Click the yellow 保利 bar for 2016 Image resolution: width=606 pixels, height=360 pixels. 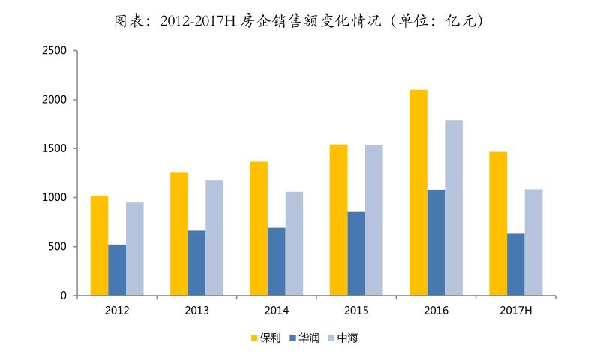click(418, 193)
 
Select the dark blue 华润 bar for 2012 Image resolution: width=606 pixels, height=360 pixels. click(117, 270)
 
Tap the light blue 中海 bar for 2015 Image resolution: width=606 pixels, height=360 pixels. click(374, 220)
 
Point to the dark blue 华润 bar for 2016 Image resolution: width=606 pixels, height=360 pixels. click(436, 242)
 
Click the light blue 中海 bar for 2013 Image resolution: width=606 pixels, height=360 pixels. click(214, 238)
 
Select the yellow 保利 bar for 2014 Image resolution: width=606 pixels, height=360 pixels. click(259, 229)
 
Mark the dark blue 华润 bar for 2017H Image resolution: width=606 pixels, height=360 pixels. click(515, 265)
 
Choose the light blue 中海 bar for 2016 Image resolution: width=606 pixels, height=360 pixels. click(454, 208)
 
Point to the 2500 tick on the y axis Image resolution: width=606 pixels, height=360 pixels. click(57, 51)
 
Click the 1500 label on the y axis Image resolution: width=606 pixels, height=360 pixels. click(57, 148)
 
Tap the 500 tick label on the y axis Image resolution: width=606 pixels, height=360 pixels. click(60, 247)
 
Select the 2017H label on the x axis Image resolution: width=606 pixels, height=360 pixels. click(515, 310)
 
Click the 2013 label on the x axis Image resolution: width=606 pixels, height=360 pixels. click(196, 310)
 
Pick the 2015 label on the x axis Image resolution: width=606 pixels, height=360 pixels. click(356, 310)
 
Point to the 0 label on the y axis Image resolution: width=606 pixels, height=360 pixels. click(65, 295)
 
